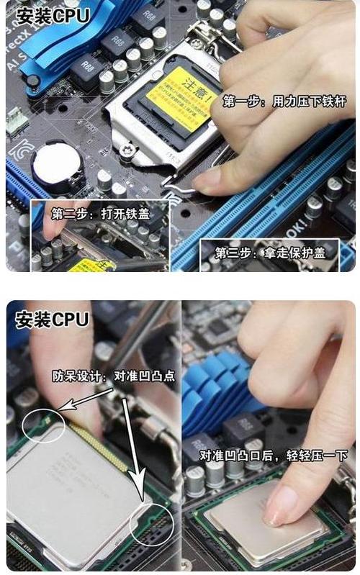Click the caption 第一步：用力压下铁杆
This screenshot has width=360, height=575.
point(284,101)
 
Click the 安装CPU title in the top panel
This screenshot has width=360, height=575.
point(53,15)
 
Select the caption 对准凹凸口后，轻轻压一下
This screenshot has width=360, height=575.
point(274,456)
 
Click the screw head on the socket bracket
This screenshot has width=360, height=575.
point(127,150)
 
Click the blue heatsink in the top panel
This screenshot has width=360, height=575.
point(58,43)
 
